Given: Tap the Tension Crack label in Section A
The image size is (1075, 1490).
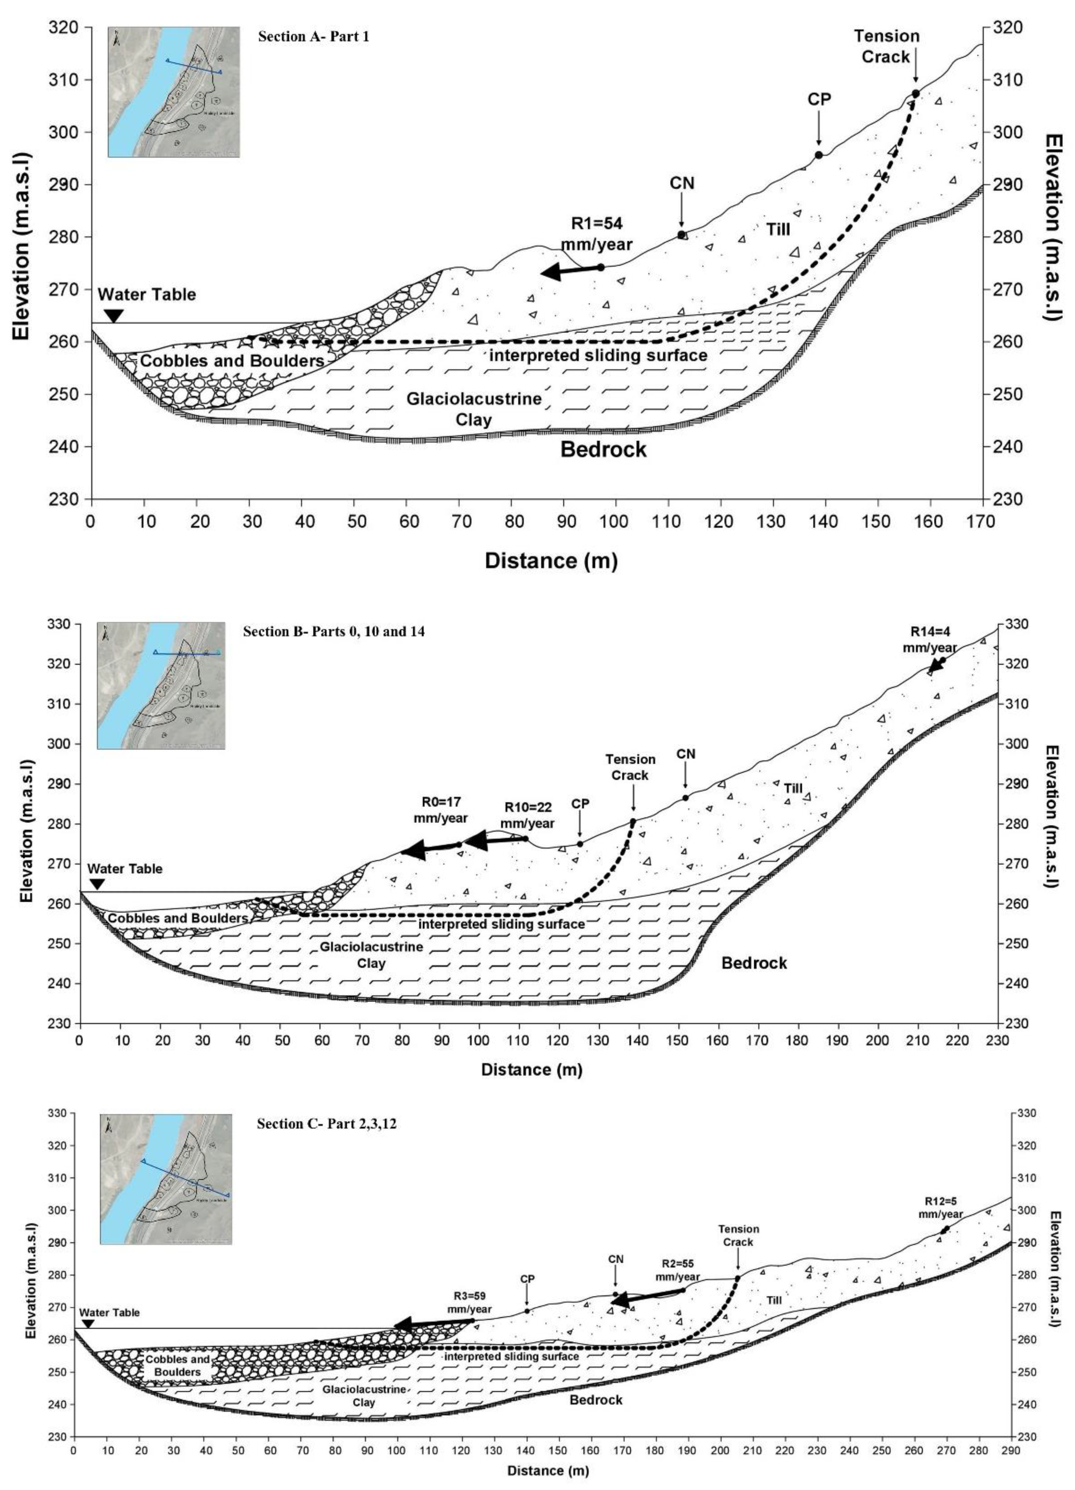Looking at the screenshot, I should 887,46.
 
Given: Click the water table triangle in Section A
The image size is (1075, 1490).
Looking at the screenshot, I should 113,316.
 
